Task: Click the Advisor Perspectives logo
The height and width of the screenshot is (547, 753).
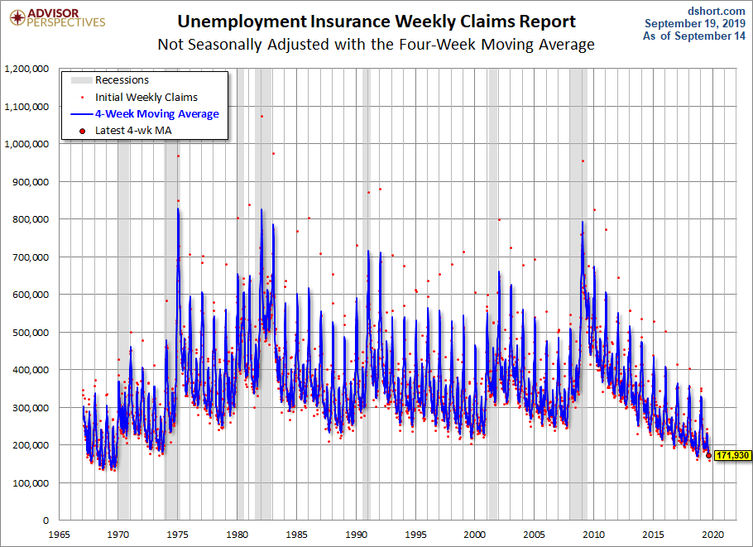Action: pos(57,18)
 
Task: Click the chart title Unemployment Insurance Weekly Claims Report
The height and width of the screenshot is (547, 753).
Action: pos(376,22)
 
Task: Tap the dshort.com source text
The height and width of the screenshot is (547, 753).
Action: pos(716,11)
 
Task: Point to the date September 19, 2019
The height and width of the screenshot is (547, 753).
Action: pos(695,23)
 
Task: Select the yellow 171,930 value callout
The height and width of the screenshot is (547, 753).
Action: pos(732,455)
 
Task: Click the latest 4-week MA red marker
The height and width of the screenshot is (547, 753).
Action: pos(709,455)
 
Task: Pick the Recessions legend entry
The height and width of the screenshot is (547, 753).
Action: pos(110,79)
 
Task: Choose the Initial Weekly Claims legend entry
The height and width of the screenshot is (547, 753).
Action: pos(139,98)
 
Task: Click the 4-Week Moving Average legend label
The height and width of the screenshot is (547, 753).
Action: pos(157,114)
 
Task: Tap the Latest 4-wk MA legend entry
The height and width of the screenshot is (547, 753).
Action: pos(127,131)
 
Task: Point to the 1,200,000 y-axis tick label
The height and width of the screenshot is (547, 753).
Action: pos(26,69)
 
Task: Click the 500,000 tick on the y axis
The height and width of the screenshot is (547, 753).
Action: pos(31,333)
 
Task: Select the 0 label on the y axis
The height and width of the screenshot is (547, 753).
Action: pos(46,521)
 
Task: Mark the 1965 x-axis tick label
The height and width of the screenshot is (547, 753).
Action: pos(59,535)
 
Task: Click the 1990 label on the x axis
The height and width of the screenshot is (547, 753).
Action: pos(357,535)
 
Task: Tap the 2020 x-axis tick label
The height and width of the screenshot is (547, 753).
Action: pos(712,535)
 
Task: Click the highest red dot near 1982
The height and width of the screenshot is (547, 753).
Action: pos(261,116)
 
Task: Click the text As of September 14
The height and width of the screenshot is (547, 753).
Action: pos(694,36)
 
